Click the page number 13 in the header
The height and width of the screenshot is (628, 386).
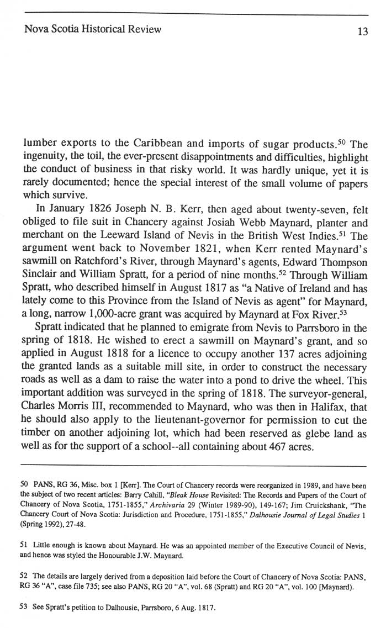(362, 31)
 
